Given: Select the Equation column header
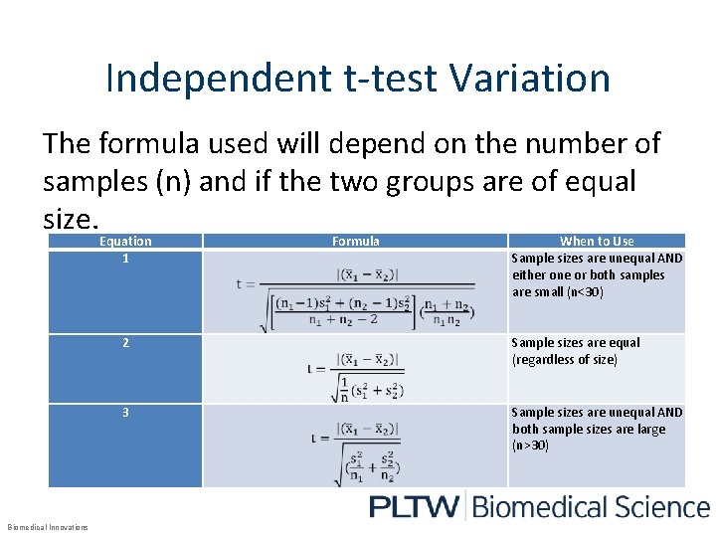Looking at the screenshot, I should (125, 241).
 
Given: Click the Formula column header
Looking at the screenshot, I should (355, 241).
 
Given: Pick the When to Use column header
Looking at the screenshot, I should (597, 241).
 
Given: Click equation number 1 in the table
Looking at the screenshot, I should (125, 259).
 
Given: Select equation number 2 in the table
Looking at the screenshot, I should (125, 343).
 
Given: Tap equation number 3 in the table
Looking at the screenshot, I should (125, 412).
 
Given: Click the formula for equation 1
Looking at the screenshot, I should (355, 292).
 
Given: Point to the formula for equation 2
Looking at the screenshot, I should (355, 369).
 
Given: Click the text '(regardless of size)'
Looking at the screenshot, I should (564, 360).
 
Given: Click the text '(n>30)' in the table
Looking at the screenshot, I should (530, 446).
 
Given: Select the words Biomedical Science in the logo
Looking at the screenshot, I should (590, 506).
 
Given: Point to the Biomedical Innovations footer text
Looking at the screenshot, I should (48, 527).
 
